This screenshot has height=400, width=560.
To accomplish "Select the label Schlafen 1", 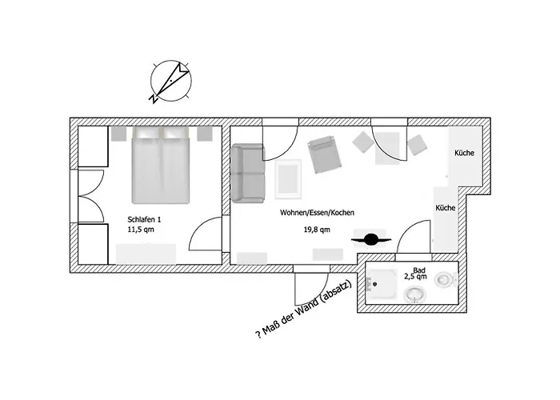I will tap(145, 219).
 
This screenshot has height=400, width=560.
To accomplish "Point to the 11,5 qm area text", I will tap(140, 230).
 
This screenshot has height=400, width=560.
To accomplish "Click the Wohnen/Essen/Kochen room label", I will tap(317, 213).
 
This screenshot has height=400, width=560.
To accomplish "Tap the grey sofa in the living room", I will tap(247, 174).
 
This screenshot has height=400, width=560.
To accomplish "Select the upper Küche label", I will tap(464, 153).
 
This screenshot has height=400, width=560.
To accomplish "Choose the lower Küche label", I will tap(446, 207).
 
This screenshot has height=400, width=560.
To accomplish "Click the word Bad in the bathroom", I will tap(419, 270).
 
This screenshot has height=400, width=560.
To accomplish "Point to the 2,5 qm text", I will tap(415, 277).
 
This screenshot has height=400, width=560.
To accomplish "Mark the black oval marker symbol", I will tap(370, 238).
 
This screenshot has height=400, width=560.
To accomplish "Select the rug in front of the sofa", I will tap(288, 177).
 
